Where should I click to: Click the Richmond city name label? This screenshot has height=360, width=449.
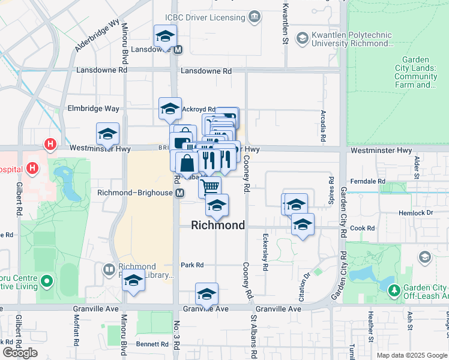click(x=218, y=226)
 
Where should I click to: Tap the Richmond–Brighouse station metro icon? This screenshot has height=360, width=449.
click(x=179, y=193)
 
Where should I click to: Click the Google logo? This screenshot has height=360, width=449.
click(x=20, y=353)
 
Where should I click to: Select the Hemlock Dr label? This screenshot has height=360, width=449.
click(x=416, y=213)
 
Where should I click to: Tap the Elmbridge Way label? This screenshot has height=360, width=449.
click(x=94, y=109)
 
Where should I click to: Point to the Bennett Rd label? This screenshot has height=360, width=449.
click(x=152, y=344)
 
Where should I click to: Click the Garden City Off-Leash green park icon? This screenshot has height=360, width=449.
click(x=394, y=290)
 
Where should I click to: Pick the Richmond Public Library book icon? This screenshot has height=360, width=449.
click(x=109, y=271)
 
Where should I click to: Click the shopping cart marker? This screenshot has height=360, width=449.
click(x=210, y=186)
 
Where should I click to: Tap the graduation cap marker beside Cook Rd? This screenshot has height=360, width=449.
click(x=303, y=225)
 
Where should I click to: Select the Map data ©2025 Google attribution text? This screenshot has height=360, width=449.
click(x=411, y=355)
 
